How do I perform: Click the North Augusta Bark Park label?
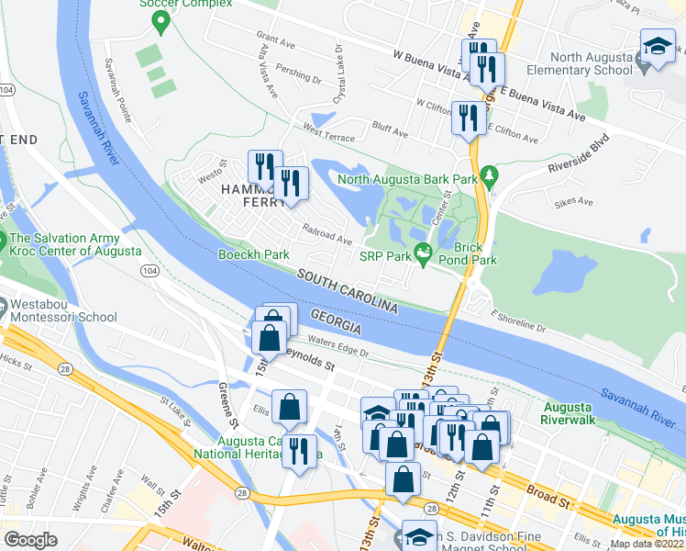pyautogui.click(x=408, y=178)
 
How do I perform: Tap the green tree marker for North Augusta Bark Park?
pyautogui.click(x=489, y=174)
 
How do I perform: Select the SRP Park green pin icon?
pyautogui.click(x=423, y=253)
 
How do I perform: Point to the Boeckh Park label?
pyautogui.click(x=253, y=254)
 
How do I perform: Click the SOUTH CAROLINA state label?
pyautogui.click(x=348, y=289)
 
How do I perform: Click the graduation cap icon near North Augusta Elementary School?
pyautogui.click(x=657, y=48)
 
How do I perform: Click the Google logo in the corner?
pyautogui.click(x=30, y=540)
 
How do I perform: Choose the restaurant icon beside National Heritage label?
pyautogui.click(x=299, y=450)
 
